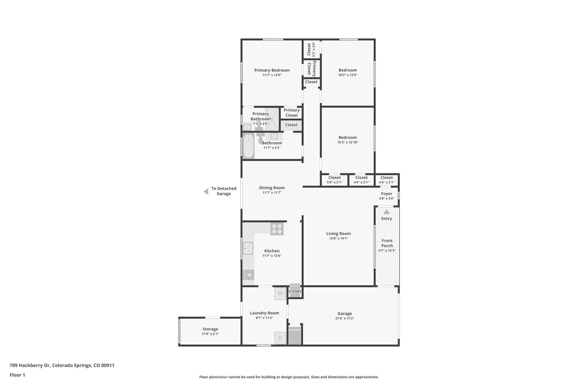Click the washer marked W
[280, 293]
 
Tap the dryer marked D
[280, 338]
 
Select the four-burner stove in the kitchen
[277, 229]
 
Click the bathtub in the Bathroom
[249, 146]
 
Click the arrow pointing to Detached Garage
[206, 192]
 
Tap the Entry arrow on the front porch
[386, 212]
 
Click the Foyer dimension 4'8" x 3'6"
[386, 199]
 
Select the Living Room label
[338, 234]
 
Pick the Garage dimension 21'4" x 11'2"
[345, 318]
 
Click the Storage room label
[210, 329]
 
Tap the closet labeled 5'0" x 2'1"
[334, 180]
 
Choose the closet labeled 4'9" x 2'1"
[361, 180]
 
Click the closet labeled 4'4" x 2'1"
[386, 180]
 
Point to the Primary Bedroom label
[272, 70]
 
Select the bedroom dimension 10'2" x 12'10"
[348, 142]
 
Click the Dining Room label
[272, 188]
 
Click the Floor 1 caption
[17, 375]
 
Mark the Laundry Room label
[264, 313]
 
